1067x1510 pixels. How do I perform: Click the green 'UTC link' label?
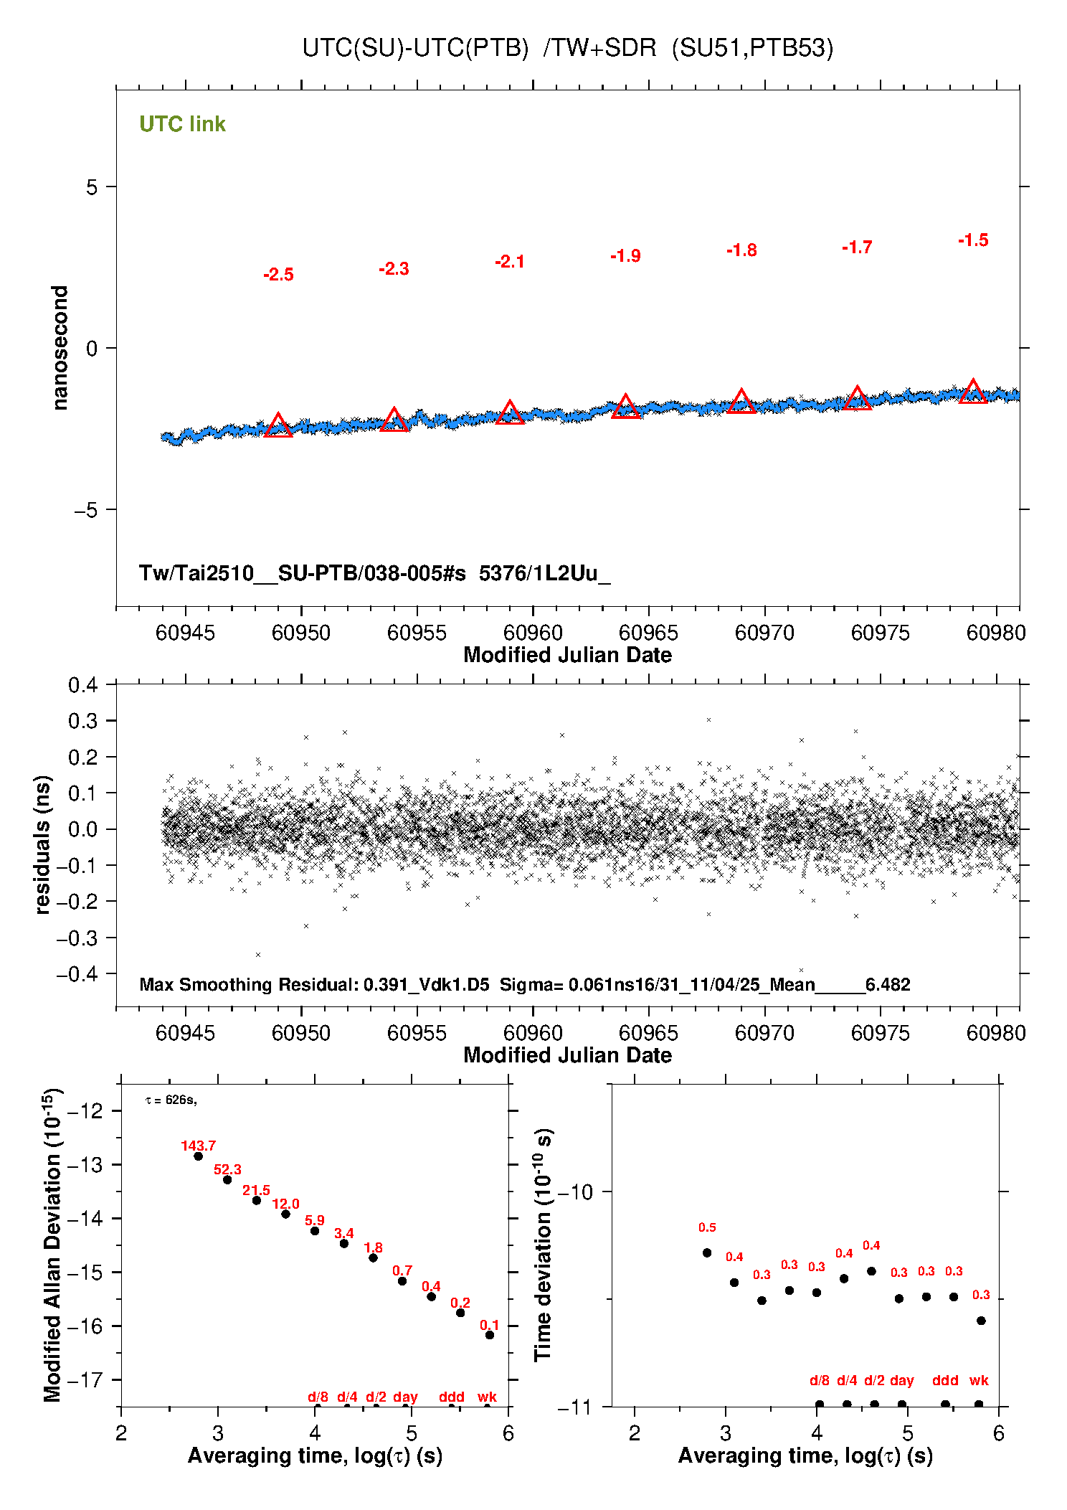click(182, 124)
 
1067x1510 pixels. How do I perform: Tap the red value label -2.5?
click(278, 275)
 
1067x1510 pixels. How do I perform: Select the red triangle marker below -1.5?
click(973, 392)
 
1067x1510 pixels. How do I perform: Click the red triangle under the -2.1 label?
click(510, 413)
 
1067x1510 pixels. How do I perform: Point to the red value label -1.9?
click(625, 256)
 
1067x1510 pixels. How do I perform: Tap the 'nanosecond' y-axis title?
click(60, 348)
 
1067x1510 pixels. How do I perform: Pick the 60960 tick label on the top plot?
click(533, 633)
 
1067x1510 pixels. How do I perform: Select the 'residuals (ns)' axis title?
click(43, 844)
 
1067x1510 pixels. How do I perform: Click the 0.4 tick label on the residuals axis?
click(83, 685)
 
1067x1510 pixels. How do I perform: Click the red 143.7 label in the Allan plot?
click(198, 1146)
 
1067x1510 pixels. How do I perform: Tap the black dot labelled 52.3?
click(227, 1179)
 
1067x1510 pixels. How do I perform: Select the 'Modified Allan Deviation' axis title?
click(53, 1245)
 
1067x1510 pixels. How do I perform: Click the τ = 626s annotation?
click(171, 1100)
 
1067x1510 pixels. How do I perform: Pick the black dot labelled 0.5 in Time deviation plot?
click(707, 1252)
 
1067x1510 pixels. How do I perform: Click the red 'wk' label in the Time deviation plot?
click(979, 1380)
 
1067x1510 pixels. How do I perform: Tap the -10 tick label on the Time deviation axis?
click(576, 1192)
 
